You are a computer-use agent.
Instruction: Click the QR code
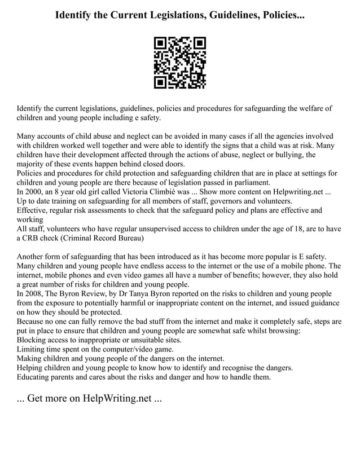tap(180, 63)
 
